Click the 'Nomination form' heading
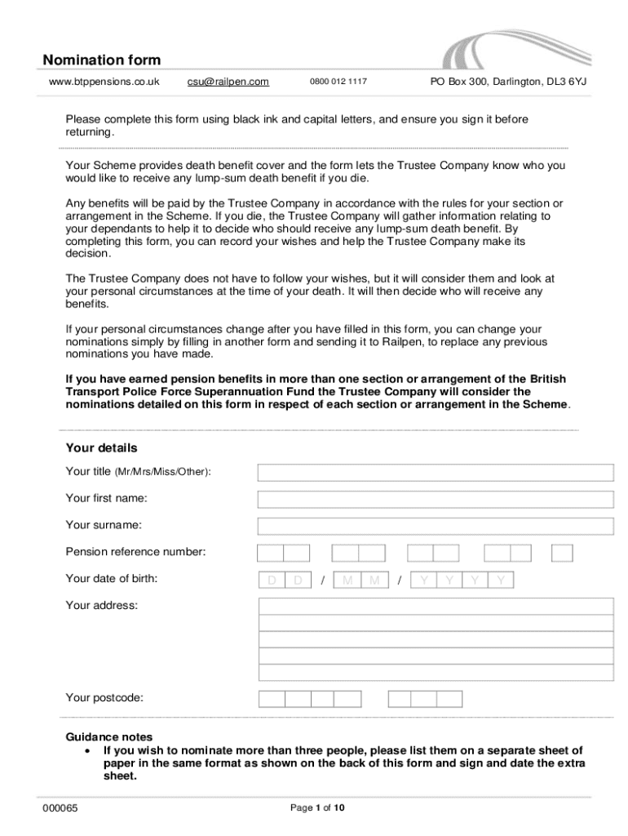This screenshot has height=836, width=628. pos(102,60)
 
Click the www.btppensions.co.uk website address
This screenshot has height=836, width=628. pos(104,82)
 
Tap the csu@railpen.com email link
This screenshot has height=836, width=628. pos(228,82)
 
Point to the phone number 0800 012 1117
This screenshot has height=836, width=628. pos(338,82)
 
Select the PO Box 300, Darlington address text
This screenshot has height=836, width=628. pos(508,82)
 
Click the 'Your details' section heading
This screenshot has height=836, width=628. pos(101,448)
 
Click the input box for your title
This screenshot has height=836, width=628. pos(436,473)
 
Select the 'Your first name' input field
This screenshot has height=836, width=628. pos(436,500)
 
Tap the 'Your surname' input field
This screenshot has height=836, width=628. pos(436,526)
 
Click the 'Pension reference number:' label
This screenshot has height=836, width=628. pos(135,552)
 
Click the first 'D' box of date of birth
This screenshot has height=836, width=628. pos(271,580)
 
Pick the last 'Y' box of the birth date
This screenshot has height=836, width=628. pos(501,580)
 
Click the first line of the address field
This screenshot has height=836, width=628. pos(436,606)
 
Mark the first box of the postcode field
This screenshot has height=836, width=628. pos(272,699)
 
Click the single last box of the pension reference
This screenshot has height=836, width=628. pos(562,553)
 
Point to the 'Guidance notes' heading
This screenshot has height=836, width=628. pos(108,736)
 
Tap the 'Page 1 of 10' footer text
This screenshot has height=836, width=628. pos(318,808)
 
